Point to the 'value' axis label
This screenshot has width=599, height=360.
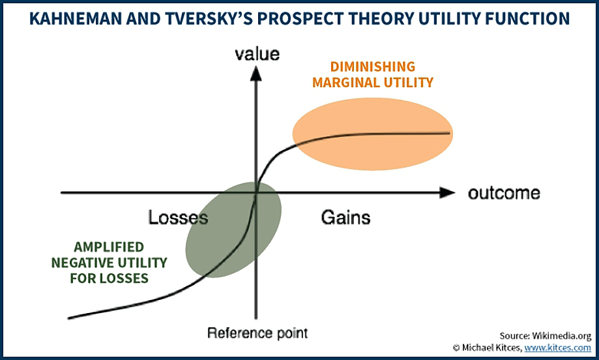click(x=257, y=54)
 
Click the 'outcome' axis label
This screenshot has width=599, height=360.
click(x=504, y=193)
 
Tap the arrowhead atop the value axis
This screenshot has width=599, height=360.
click(x=256, y=73)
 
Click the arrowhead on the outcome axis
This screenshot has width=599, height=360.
click(x=447, y=192)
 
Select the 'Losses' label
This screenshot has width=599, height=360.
click(x=178, y=217)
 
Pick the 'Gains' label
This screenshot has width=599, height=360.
click(x=345, y=217)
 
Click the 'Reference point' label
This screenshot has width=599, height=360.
click(x=257, y=333)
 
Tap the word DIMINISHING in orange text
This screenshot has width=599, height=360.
click(x=373, y=67)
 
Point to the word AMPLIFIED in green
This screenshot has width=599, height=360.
click(x=109, y=247)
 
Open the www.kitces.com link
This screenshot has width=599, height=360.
click(x=557, y=348)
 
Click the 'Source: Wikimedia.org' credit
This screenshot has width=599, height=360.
click(x=545, y=336)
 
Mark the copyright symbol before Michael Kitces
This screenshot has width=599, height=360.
click(x=456, y=348)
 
